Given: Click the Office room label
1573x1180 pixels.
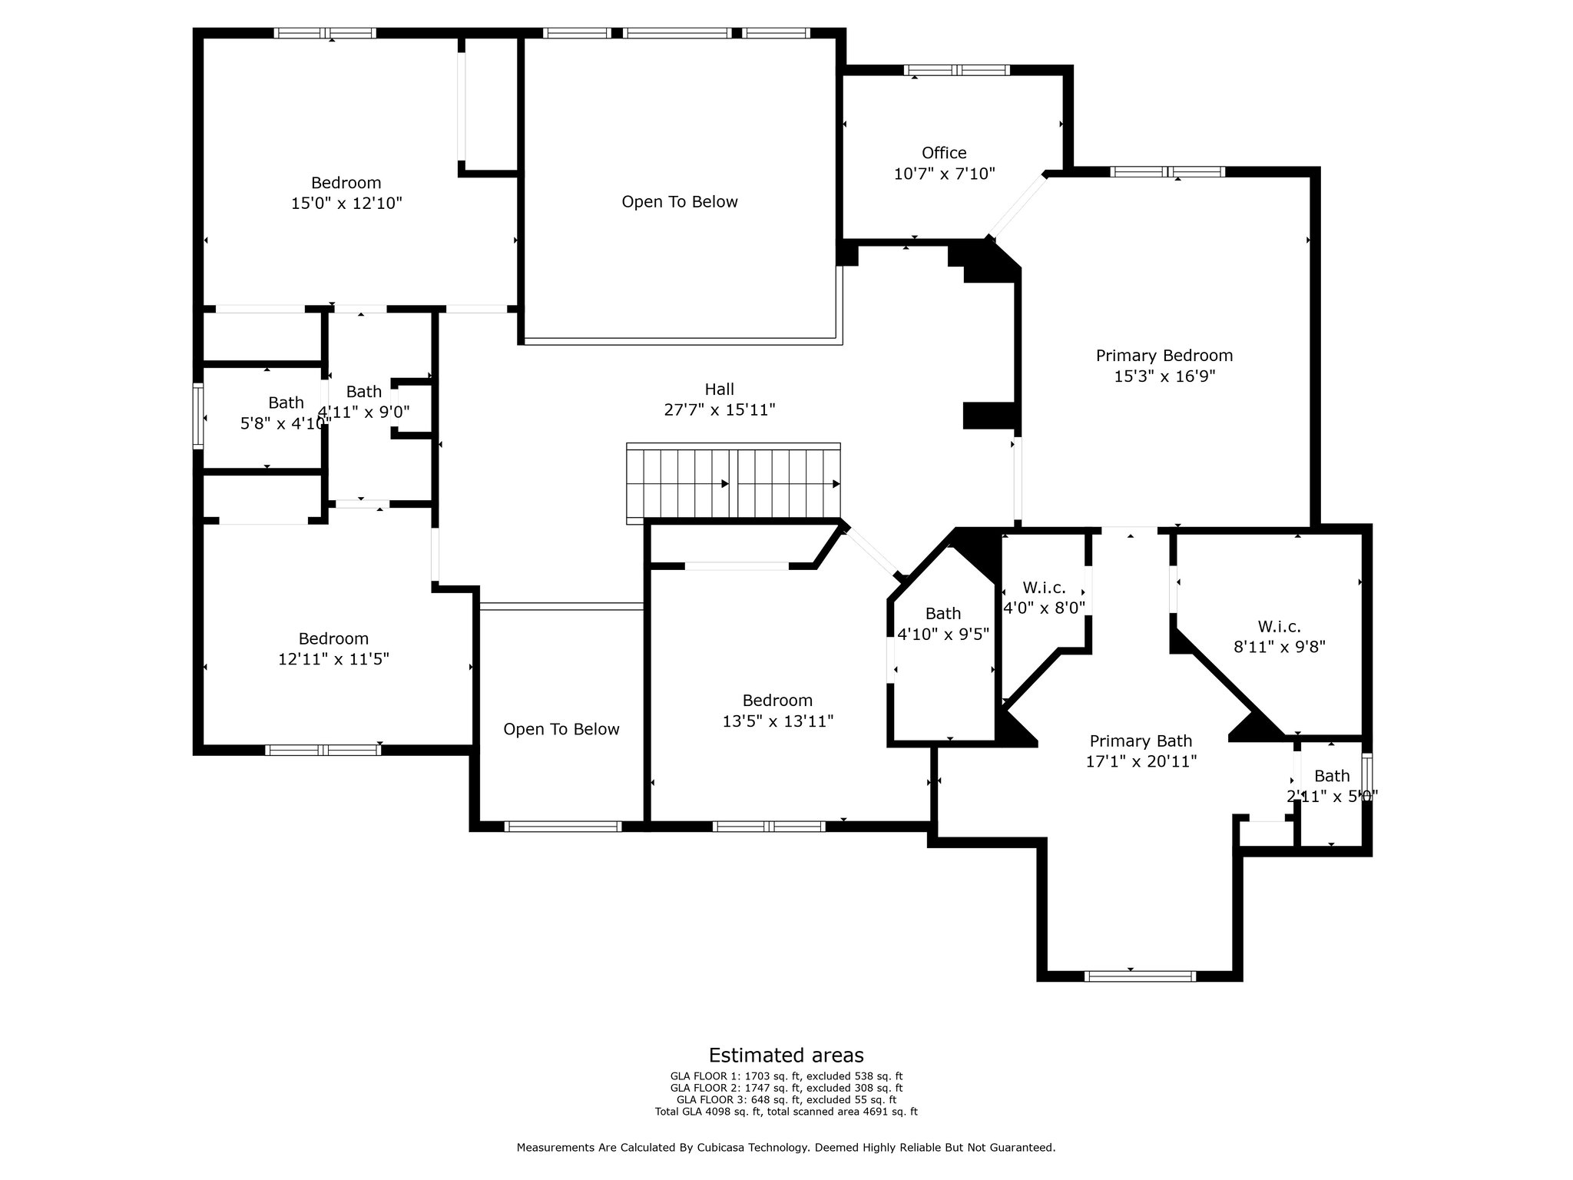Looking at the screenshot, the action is click(x=944, y=153).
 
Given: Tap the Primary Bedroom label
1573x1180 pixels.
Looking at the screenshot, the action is click(x=1164, y=356).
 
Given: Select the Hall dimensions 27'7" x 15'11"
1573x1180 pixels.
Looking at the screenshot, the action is click(x=720, y=409).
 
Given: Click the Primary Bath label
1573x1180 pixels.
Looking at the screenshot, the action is click(x=1141, y=741).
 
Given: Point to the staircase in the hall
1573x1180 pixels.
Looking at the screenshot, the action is click(x=734, y=484).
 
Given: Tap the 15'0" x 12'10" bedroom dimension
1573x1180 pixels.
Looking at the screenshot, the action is click(x=346, y=204).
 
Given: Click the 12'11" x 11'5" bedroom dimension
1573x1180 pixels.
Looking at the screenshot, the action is click(x=333, y=659).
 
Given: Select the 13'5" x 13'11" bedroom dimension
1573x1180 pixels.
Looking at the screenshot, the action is click(x=777, y=721).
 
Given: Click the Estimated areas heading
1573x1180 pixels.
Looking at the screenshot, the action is click(x=786, y=1055).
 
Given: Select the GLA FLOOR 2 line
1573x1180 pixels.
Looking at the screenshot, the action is click(x=786, y=1088).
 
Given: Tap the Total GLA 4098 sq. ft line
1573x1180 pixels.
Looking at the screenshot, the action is click(x=786, y=1112).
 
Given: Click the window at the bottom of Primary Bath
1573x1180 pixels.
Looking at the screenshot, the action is click(x=1140, y=976).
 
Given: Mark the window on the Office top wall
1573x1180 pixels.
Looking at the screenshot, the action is click(x=956, y=70).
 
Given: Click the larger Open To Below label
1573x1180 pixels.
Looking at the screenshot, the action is click(x=680, y=202).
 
